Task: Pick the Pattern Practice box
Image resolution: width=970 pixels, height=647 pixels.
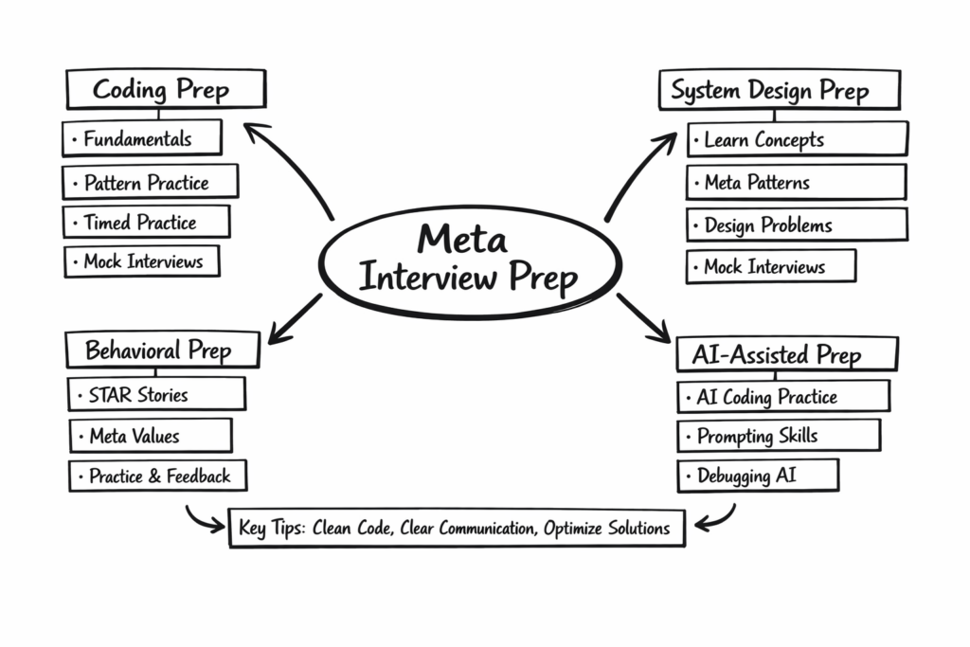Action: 151,182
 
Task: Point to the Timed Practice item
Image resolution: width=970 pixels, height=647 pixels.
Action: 146,223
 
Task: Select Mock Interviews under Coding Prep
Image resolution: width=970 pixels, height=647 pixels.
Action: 142,261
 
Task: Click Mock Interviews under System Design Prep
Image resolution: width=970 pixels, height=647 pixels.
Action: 770,267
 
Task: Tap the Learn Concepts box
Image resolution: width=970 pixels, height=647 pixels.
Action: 797,140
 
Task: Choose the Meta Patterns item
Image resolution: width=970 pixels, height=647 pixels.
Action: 796,182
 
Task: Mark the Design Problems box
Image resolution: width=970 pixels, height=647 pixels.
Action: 797,225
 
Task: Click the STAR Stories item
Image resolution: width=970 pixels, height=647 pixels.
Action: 156,394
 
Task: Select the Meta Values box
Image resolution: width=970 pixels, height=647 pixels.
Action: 150,436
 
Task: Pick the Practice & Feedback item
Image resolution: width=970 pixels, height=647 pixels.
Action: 157,476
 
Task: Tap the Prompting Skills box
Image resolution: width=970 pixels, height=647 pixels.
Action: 778,436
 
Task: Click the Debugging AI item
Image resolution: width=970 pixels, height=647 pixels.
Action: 757,476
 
